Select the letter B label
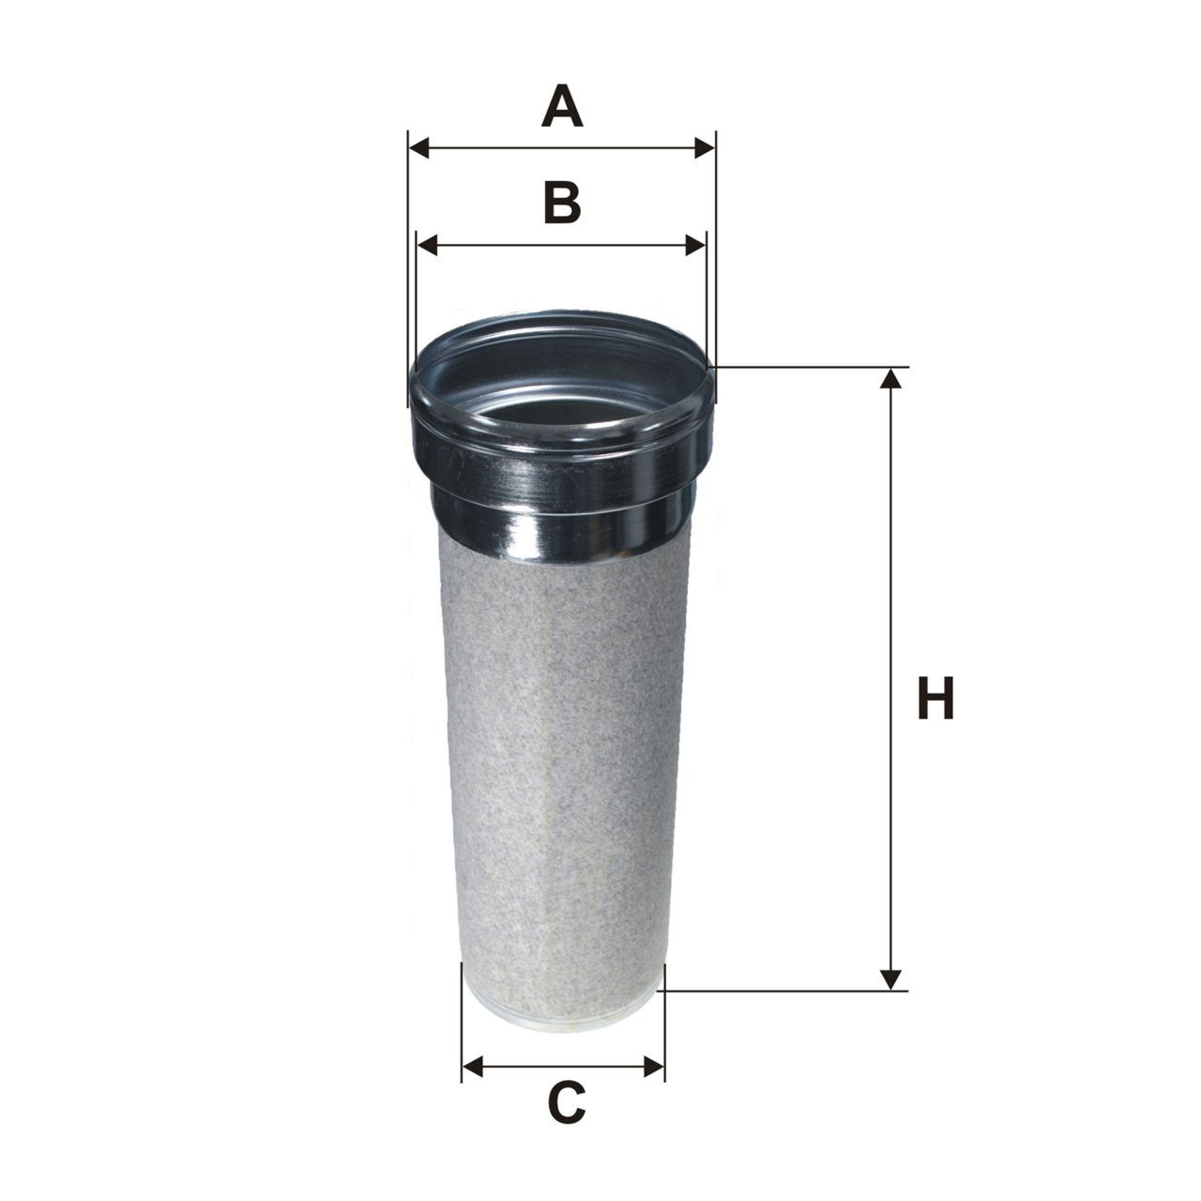tap(562, 203)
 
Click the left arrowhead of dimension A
tap(418, 148)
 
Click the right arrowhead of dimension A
tap(705, 148)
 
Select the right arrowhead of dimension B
tap(695, 246)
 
